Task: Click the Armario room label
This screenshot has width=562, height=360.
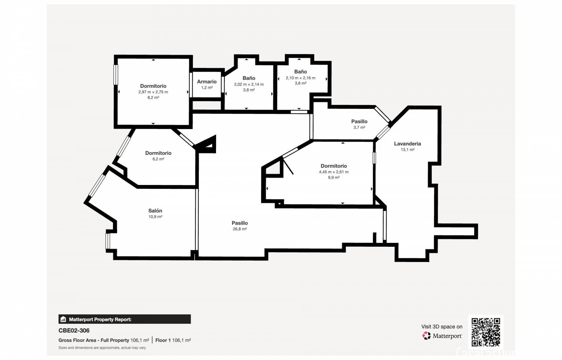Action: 207,82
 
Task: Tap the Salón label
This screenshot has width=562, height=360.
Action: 155,211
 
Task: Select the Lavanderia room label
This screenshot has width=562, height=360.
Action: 407,143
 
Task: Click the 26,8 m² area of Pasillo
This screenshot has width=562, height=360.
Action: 240,229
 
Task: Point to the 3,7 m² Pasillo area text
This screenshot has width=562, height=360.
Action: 359,127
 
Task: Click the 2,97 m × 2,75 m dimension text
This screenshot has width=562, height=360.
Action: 153,92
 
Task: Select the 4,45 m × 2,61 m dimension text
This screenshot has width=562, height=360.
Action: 333,172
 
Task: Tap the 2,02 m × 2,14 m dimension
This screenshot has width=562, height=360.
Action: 249,84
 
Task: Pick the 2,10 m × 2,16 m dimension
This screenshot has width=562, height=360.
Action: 300,78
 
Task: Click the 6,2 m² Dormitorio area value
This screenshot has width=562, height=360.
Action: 158,159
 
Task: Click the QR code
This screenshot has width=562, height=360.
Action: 485,332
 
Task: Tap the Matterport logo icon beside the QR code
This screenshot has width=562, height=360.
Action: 426,336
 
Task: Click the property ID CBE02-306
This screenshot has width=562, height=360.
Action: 74,330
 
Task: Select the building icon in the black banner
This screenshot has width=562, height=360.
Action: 63,319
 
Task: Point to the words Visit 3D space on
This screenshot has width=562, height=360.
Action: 442,327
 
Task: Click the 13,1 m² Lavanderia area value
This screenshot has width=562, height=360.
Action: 407,150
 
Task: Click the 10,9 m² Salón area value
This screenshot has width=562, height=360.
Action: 155,217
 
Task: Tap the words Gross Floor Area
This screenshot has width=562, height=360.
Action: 77,340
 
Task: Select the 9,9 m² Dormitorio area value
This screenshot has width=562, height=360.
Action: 333,178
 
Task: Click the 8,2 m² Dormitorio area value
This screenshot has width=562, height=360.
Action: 153,97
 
